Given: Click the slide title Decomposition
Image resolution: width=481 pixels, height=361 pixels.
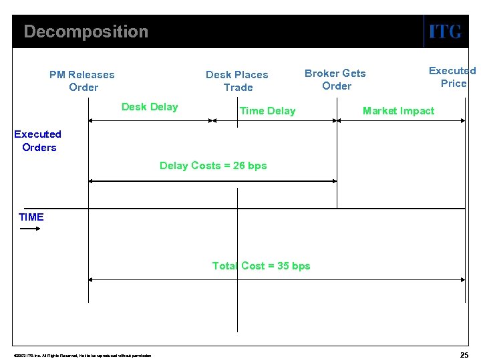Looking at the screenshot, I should [x=86, y=31].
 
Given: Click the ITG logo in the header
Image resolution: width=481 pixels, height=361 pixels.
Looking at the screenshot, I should [x=445, y=31].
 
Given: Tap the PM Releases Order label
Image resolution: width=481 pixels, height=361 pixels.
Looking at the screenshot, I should [x=82, y=81].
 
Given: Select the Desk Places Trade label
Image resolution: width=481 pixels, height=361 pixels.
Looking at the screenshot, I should [x=237, y=81].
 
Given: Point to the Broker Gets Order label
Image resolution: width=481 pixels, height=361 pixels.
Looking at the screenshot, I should [x=335, y=80].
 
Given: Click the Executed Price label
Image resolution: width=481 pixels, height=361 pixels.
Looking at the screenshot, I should [x=452, y=77].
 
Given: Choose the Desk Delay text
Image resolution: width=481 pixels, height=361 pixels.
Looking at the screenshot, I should [x=150, y=107].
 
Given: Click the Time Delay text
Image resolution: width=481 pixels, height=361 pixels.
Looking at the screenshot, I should [x=267, y=111].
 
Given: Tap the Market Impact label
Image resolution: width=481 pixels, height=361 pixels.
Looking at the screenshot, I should [x=398, y=111].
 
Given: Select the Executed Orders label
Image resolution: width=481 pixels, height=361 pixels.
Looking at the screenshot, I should [x=38, y=141].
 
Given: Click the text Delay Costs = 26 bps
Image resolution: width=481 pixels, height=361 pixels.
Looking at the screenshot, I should [x=213, y=166].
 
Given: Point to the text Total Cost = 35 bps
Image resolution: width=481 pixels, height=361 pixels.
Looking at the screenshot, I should [x=261, y=266].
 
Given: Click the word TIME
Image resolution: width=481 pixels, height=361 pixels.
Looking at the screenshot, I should [x=31, y=217].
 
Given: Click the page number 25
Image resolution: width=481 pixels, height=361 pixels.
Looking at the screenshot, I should [x=464, y=354].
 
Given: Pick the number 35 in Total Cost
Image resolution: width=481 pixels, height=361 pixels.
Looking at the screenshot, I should [x=283, y=266].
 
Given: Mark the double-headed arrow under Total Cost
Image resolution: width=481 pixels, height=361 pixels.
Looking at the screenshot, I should [x=277, y=280].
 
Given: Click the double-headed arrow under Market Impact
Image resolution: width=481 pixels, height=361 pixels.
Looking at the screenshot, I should [x=401, y=121].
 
